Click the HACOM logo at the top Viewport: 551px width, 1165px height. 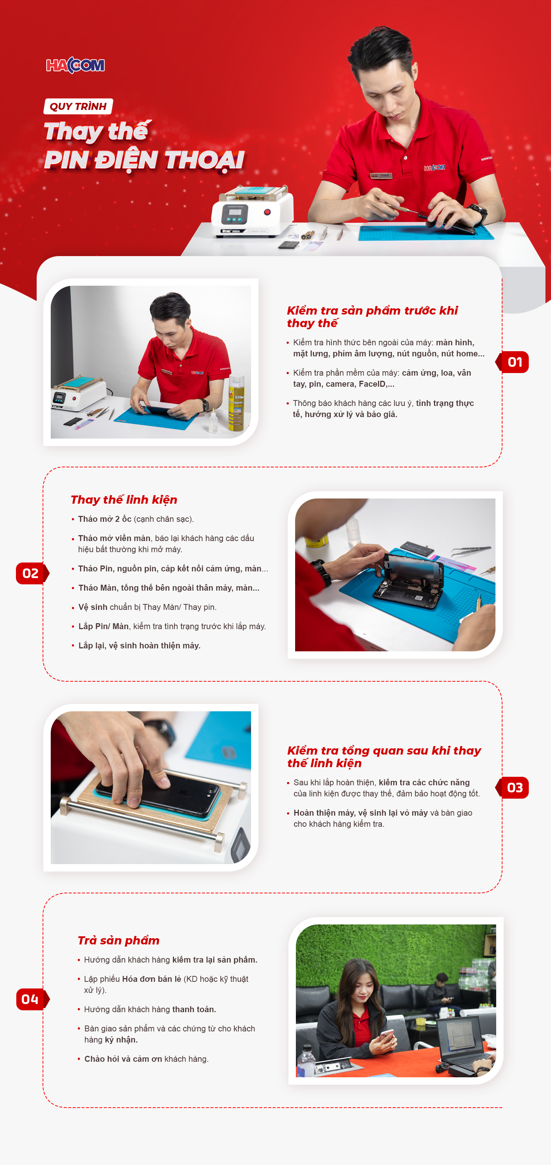tap(76, 66)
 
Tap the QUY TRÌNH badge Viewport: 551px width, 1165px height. tap(78, 106)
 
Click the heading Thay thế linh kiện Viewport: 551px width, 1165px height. tap(124, 500)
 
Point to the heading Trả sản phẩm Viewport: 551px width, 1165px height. tap(118, 941)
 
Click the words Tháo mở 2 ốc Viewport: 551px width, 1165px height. tap(104, 519)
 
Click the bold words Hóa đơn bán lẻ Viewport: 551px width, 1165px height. tap(151, 979)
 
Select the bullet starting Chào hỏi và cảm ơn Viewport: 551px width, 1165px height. tap(143, 1059)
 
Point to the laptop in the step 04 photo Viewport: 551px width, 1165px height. tap(466, 1045)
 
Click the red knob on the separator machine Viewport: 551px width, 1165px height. tap(267, 212)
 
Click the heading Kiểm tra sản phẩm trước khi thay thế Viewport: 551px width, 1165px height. tap(372, 316)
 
